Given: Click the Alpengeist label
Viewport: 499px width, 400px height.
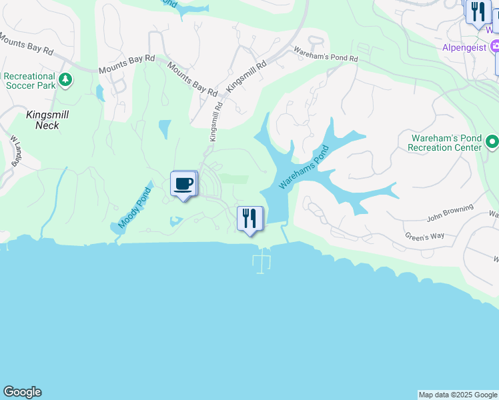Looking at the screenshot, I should pyautogui.click(x=464, y=47).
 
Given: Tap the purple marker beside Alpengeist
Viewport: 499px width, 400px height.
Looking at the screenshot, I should pyautogui.click(x=494, y=47).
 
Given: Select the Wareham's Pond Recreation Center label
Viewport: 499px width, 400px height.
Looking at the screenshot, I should pyautogui.click(x=444, y=143).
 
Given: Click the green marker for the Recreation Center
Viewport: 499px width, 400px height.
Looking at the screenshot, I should pyautogui.click(x=492, y=142).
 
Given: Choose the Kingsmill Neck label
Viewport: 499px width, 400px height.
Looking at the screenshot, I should pyautogui.click(x=47, y=120).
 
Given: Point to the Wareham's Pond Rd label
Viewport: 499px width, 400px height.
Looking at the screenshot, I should pyautogui.click(x=327, y=55).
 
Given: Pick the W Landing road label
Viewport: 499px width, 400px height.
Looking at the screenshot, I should pyautogui.click(x=14, y=152).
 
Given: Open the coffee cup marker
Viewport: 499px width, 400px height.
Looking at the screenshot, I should pyautogui.click(x=183, y=184).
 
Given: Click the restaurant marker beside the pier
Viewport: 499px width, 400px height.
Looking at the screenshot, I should pyautogui.click(x=250, y=219).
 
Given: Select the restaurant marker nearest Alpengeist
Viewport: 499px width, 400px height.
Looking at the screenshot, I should pyautogui.click(x=478, y=12).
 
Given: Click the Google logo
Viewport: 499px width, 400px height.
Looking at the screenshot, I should pyautogui.click(x=22, y=392).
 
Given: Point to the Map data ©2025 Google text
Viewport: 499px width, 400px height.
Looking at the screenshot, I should pyautogui.click(x=458, y=395).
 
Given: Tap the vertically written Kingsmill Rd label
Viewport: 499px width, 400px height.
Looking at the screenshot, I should pyautogui.click(x=215, y=121).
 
